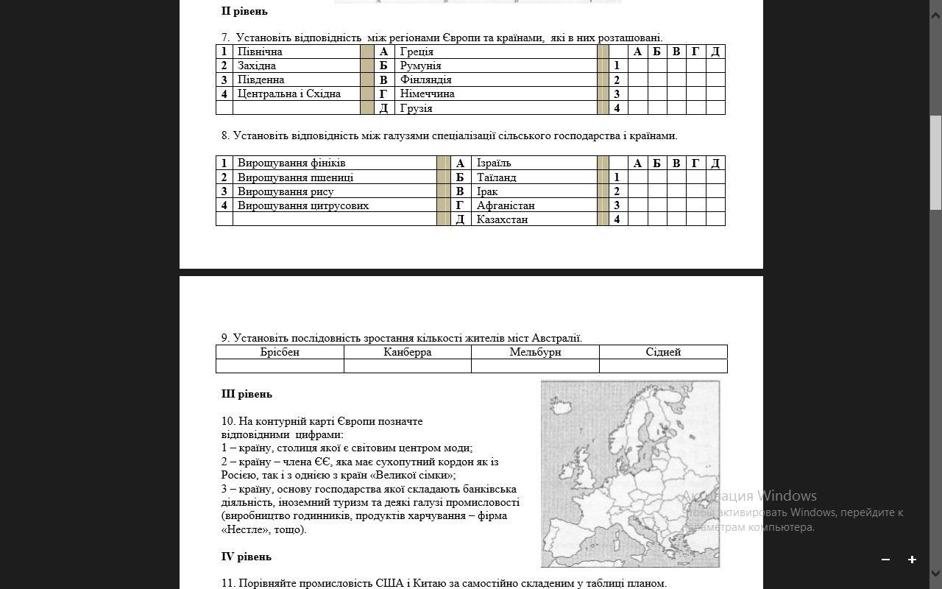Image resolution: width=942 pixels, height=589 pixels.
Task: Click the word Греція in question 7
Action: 417,52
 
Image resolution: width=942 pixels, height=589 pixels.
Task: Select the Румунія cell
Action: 420,66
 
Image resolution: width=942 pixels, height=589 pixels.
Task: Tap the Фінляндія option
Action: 425,80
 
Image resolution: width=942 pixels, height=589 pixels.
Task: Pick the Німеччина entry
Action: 427,94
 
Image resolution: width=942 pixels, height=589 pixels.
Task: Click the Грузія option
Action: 416,108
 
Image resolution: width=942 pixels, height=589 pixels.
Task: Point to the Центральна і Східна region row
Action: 288,94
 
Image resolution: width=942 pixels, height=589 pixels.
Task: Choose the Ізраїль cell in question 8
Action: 493,163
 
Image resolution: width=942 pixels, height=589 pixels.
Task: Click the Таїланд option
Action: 496,177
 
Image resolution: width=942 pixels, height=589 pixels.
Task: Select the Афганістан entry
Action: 506,205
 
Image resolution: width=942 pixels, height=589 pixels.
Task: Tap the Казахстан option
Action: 502,219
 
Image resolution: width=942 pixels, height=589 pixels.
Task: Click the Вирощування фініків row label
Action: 291,163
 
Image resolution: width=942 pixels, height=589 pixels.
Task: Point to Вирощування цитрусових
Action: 302,205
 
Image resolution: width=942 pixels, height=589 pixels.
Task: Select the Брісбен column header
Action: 280,352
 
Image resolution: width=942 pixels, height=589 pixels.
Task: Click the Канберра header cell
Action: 407,352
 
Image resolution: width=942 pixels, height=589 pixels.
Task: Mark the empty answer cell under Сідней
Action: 663,366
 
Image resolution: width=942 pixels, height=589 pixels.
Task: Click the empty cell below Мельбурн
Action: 535,366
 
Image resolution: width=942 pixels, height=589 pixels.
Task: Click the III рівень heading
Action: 247,394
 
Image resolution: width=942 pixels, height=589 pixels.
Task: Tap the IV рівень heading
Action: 246,557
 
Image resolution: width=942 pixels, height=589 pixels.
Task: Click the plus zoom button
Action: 912,560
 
